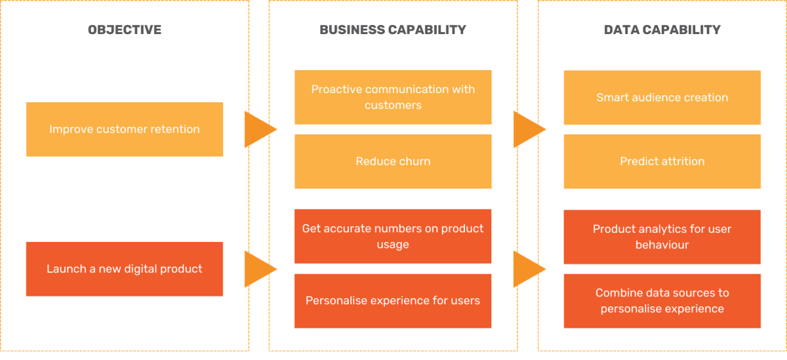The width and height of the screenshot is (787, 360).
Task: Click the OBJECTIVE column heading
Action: (125, 30)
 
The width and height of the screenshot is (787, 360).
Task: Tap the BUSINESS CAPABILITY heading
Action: (393, 30)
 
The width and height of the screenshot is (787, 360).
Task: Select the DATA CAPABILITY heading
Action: (662, 30)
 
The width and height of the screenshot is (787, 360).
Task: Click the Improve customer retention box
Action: (125, 129)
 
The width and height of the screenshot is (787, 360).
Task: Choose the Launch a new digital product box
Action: (125, 269)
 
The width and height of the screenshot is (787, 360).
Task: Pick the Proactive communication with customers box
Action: (393, 97)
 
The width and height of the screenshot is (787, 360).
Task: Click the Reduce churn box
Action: (393, 161)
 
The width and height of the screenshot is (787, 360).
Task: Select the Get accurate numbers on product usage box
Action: (393, 236)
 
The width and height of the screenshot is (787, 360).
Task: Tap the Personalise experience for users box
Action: (393, 301)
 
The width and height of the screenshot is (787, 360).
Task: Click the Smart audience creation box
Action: (662, 97)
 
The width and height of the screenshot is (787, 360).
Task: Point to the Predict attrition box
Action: (662, 161)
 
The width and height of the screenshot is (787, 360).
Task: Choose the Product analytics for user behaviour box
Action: (662, 237)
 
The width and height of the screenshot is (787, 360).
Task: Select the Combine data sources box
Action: (662, 301)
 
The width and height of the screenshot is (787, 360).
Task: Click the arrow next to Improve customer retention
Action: (258, 129)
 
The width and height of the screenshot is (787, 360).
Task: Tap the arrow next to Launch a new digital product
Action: (258, 269)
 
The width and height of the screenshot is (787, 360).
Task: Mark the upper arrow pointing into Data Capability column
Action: (527, 129)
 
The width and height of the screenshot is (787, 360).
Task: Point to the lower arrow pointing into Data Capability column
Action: (527, 269)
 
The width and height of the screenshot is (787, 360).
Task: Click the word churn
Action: (414, 161)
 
